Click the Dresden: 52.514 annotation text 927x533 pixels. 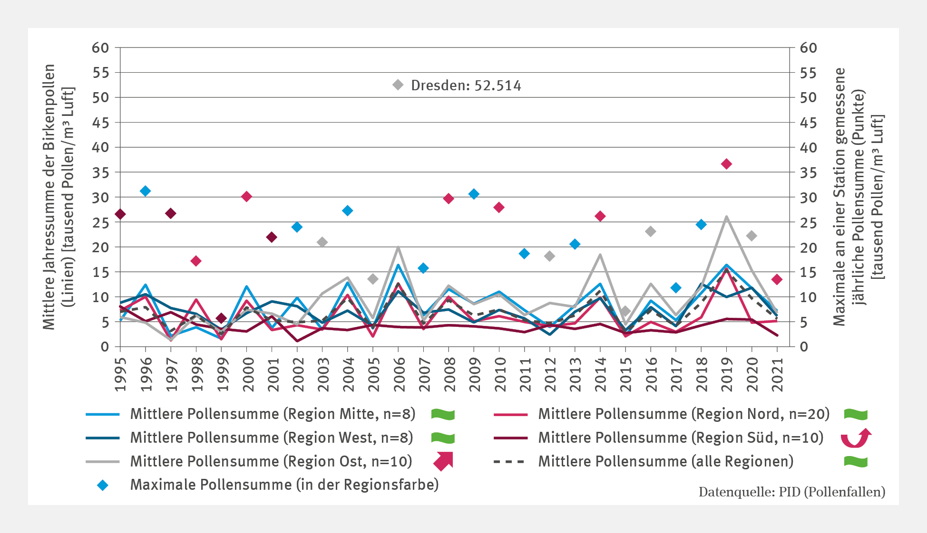pyautogui.click(x=466, y=86)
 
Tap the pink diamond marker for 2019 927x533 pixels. pyautogui.click(x=726, y=164)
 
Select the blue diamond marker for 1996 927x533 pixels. pyautogui.click(x=146, y=191)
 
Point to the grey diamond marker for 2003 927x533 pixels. pyautogui.click(x=322, y=242)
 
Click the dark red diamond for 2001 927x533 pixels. pyautogui.click(x=272, y=237)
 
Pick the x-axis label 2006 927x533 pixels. pyautogui.click(x=399, y=374)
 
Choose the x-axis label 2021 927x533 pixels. pyautogui.click(x=777, y=374)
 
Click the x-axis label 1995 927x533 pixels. pyautogui.click(x=121, y=374)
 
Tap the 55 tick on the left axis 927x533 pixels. pyautogui.click(x=100, y=73)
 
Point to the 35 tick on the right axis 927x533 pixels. pyautogui.click(x=808, y=172)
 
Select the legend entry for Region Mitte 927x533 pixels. pyautogui.click(x=273, y=414)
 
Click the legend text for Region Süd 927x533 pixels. pyautogui.click(x=681, y=438)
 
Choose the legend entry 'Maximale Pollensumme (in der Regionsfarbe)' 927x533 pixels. pyautogui.click(x=284, y=485)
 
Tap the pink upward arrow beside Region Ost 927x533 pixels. pyautogui.click(x=443, y=461)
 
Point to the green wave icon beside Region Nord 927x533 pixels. pyautogui.click(x=856, y=414)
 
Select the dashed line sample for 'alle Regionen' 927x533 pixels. pyautogui.click(x=509, y=461)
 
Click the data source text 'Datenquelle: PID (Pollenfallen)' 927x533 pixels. pyautogui.click(x=791, y=492)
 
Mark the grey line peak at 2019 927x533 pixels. pyautogui.click(x=726, y=217)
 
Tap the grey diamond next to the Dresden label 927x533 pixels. pyautogui.click(x=398, y=85)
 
